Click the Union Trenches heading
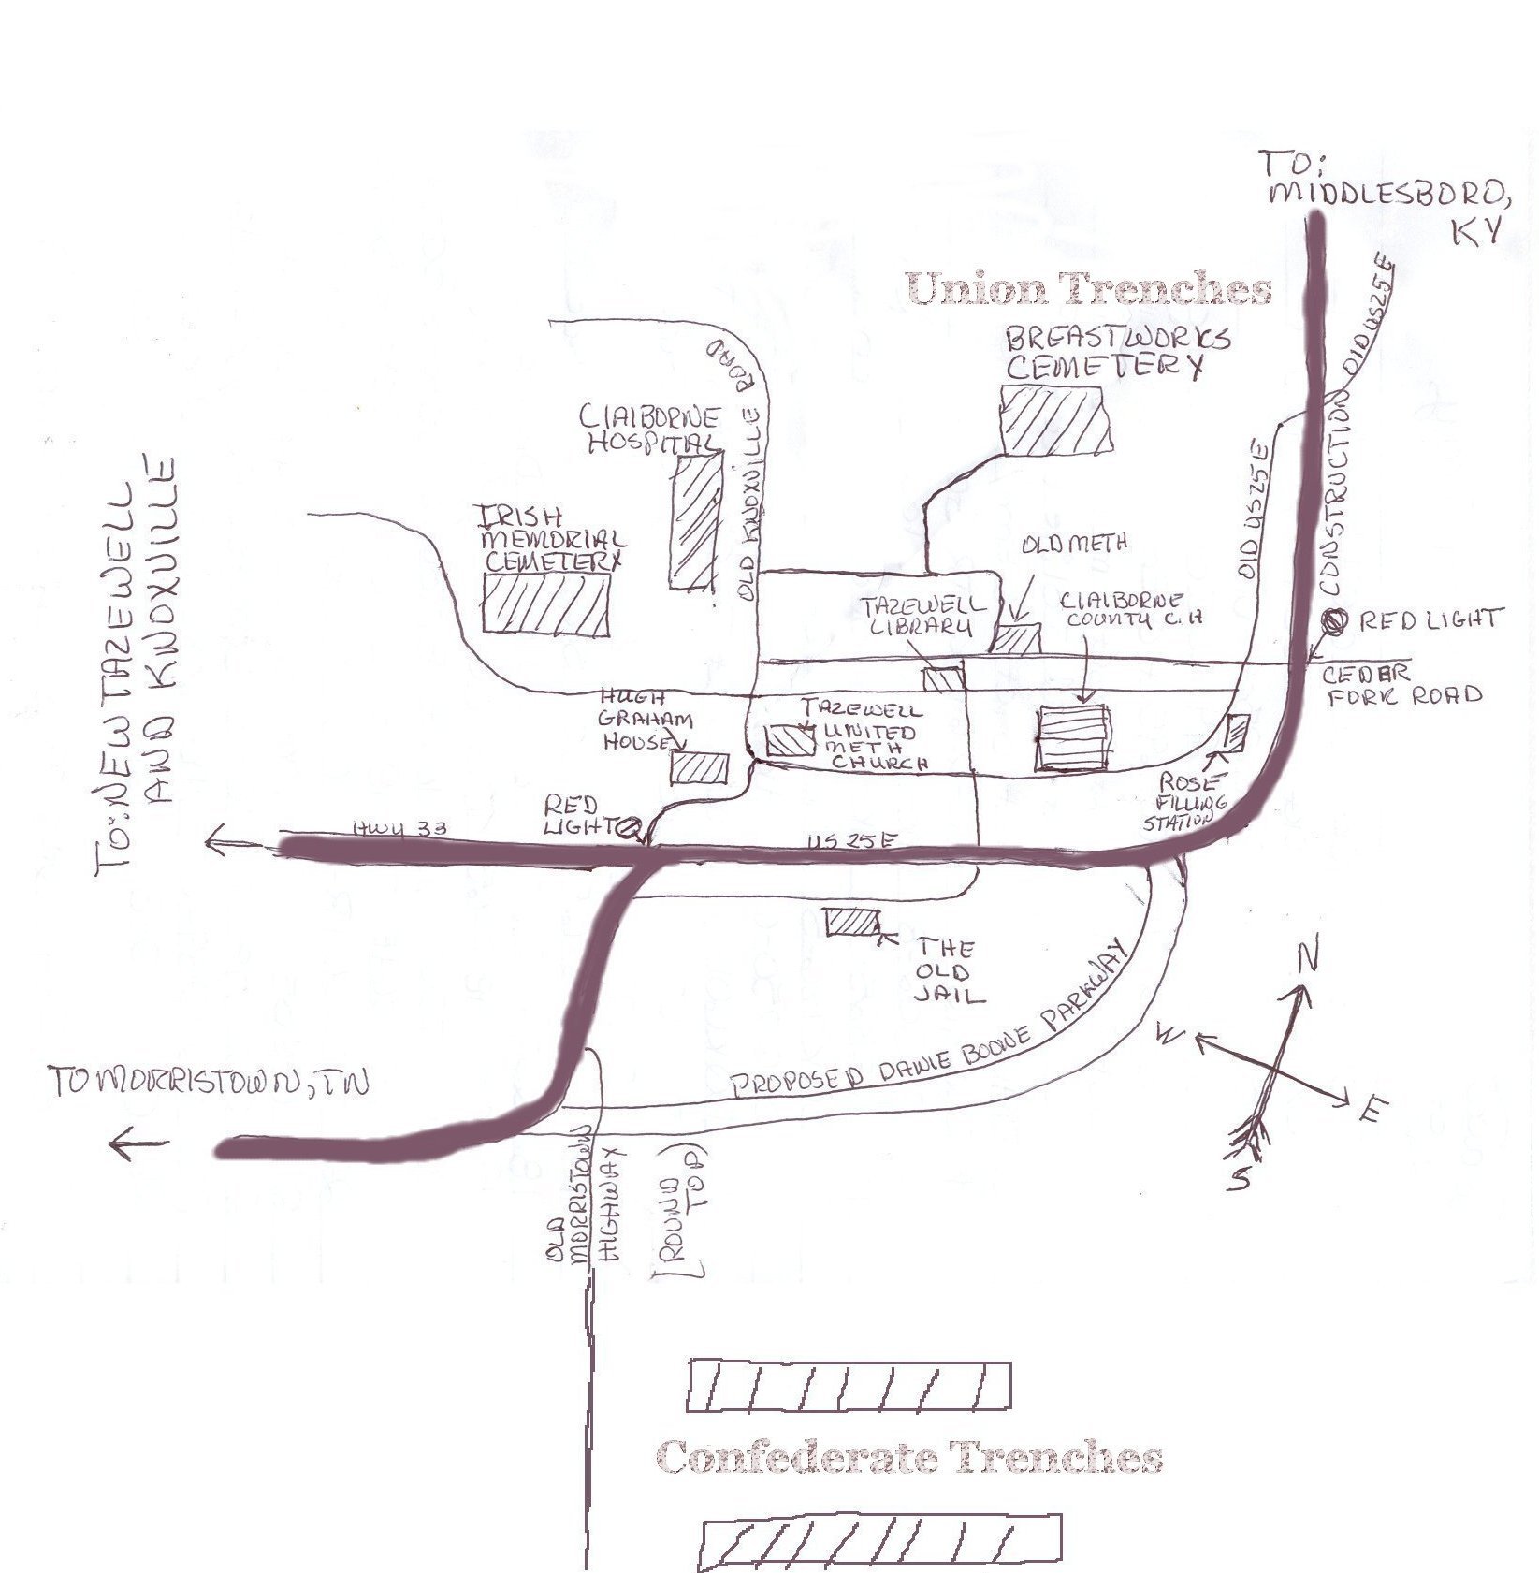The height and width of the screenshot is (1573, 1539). pos(1089,289)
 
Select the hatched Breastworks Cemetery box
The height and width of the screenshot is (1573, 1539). pos(1054,420)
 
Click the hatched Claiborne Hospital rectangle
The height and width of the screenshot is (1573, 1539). pos(695,521)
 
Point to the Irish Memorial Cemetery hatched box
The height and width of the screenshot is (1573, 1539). pos(545,605)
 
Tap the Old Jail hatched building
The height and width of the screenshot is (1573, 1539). pos(852,923)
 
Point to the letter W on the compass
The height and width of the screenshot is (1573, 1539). pos(1169,1033)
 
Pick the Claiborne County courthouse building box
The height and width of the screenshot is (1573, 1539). pos(1073,738)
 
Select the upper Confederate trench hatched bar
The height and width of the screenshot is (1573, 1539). pos(849,1386)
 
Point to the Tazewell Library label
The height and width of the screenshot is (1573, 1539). pos(924,617)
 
